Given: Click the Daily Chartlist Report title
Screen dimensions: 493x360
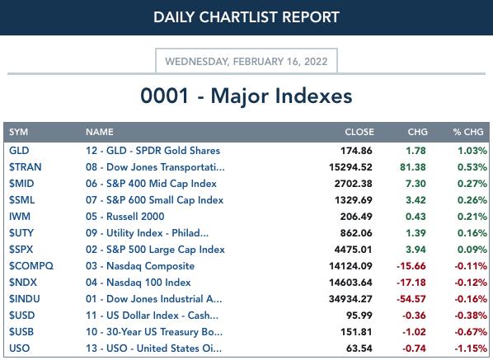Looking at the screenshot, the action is (246, 17).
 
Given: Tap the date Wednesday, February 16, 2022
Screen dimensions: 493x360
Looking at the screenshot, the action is (246, 61).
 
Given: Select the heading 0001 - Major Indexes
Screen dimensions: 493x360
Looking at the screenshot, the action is (246, 96).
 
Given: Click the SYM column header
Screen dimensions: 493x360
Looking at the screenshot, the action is (19, 132).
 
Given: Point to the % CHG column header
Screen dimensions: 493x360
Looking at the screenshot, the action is (468, 132).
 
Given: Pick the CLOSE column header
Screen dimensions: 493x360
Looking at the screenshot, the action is (359, 132).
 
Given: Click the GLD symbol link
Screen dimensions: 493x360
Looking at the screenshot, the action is (19, 151).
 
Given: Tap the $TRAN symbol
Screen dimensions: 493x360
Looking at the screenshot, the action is (26, 166).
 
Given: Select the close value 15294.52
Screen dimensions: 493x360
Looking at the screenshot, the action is (350, 167).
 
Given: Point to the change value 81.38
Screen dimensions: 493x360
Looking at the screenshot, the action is (413, 167).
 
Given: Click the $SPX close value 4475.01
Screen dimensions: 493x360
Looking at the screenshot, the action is (353, 250).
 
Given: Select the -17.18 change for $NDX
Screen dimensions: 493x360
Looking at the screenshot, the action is (411, 283).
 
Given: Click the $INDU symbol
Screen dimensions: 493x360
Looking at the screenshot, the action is (25, 299).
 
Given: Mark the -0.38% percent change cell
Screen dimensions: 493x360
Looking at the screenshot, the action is (471, 316).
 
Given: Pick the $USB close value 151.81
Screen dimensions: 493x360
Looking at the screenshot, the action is (356, 332).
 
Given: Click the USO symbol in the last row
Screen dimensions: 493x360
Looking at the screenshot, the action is (20, 348).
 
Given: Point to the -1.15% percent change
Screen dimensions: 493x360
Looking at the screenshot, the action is (471, 348).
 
